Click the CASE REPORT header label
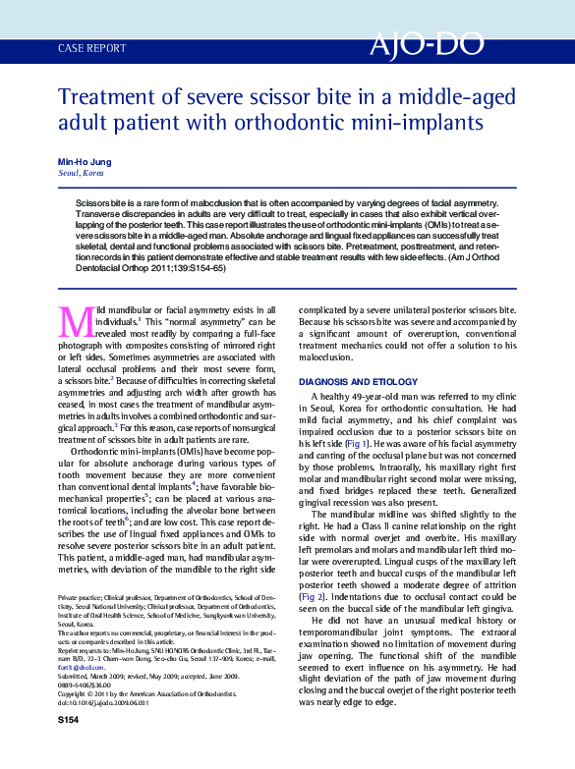click(x=92, y=47)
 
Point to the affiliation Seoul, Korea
click(x=81, y=172)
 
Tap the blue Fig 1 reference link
click(x=360, y=444)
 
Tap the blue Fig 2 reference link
click(x=311, y=597)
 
